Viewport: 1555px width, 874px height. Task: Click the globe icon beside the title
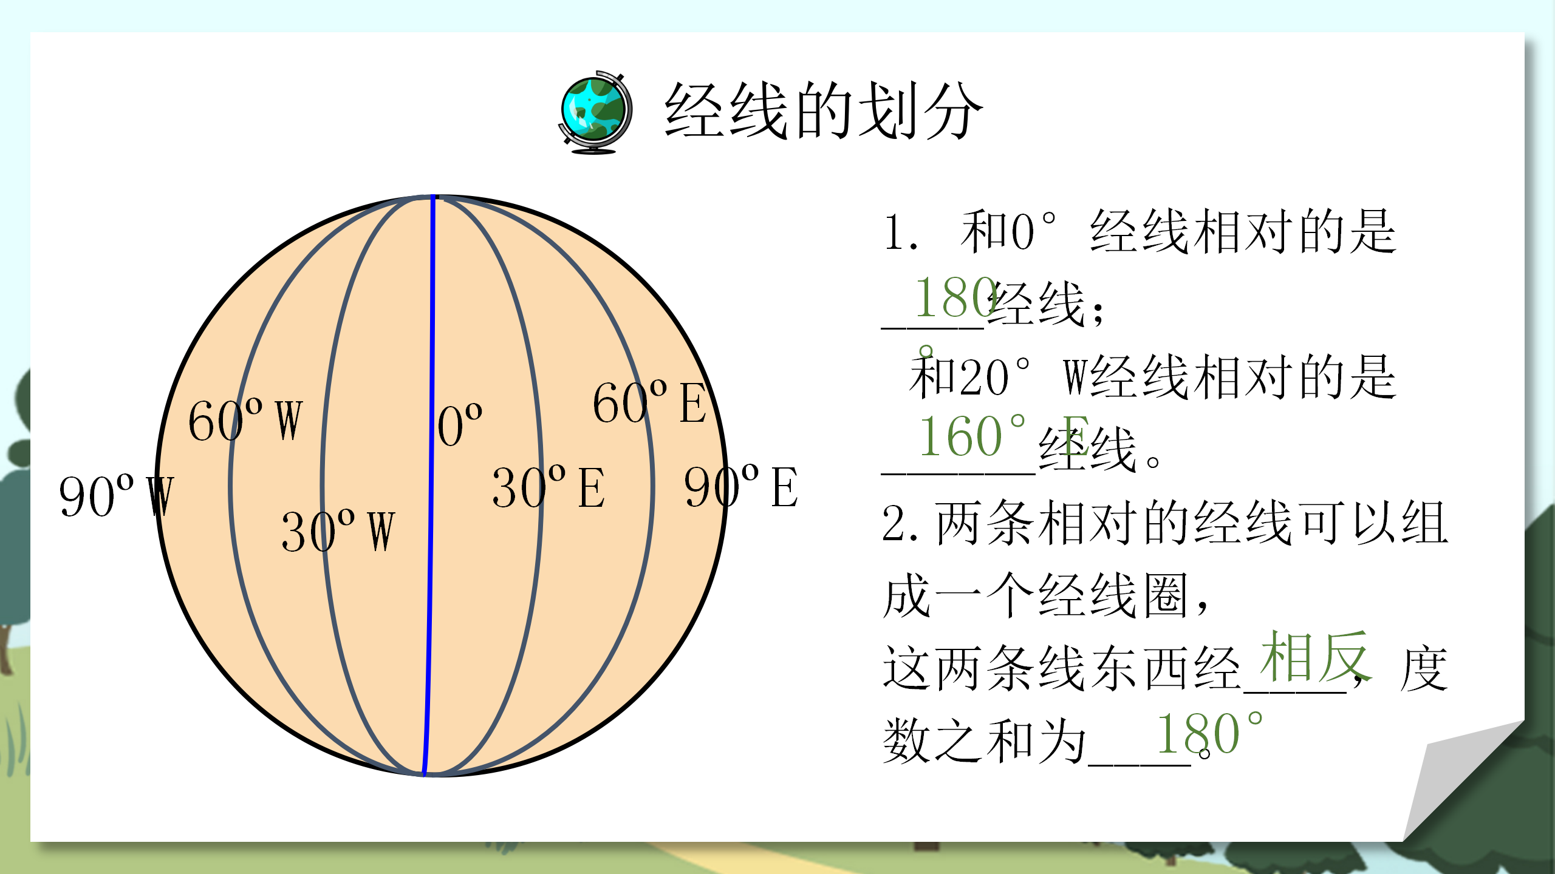[595, 112]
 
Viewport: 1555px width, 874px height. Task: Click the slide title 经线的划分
[823, 110]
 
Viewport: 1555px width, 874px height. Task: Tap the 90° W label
[115, 496]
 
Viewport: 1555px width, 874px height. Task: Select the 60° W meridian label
[245, 421]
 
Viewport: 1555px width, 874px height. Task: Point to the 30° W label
[338, 531]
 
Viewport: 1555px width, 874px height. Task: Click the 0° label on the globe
[460, 425]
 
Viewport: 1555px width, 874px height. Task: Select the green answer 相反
[1315, 657]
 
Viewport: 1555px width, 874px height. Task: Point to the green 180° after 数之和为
[1209, 734]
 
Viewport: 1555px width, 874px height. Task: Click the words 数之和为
[984, 740]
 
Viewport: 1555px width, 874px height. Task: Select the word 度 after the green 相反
[1424, 669]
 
